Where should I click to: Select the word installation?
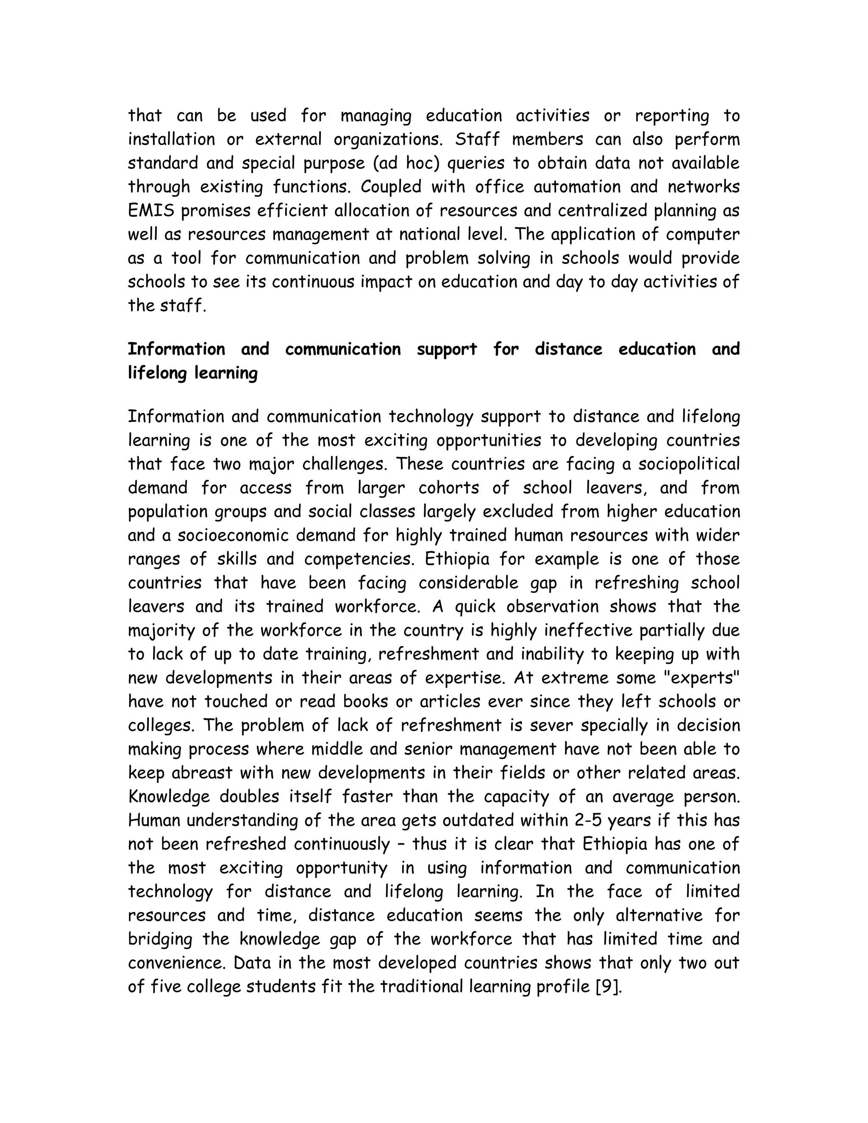(x=172, y=139)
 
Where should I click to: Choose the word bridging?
(x=160, y=939)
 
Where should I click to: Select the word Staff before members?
(x=477, y=139)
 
